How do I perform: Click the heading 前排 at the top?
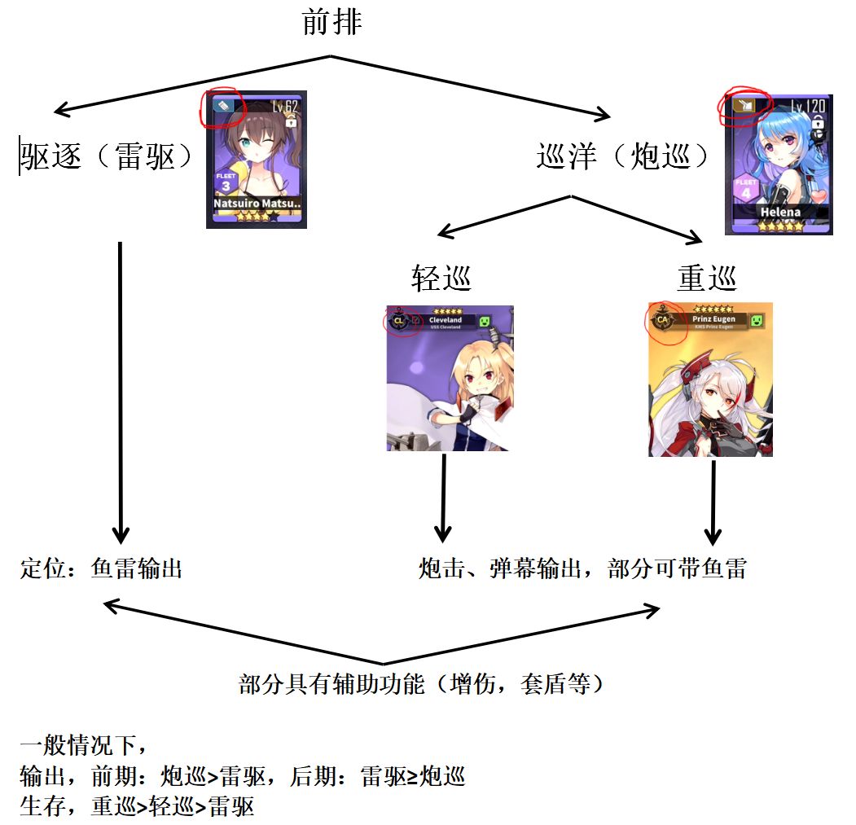point(331,22)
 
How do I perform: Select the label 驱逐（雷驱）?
point(106,156)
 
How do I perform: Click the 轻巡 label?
point(441,279)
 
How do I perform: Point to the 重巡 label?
point(707,279)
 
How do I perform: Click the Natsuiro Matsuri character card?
point(256,159)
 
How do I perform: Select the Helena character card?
point(779,163)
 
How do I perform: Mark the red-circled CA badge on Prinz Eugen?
point(662,319)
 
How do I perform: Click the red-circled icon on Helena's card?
point(743,105)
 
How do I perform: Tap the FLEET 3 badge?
point(226,181)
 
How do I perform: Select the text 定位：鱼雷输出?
point(101,568)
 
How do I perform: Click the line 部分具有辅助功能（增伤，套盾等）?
point(424,684)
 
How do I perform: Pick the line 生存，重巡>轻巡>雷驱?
point(137,806)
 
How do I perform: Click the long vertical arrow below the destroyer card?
point(121,391)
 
